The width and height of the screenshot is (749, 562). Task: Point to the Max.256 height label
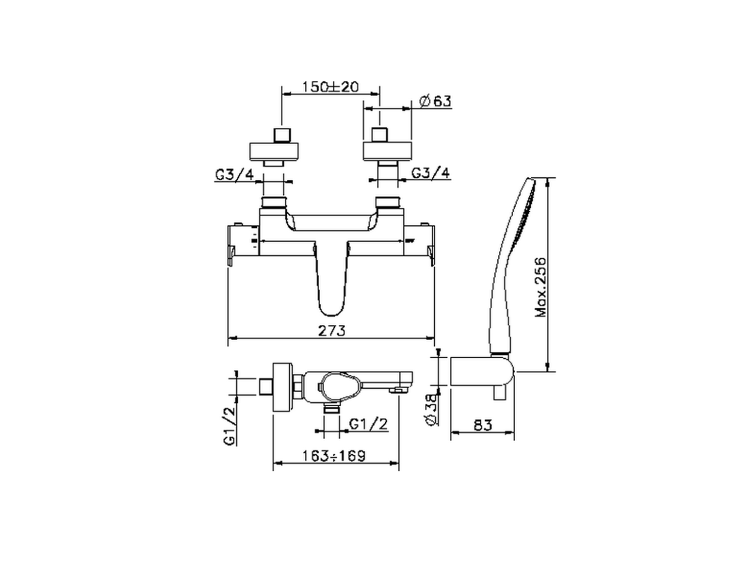click(x=541, y=286)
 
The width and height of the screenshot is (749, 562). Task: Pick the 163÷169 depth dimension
click(x=335, y=455)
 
